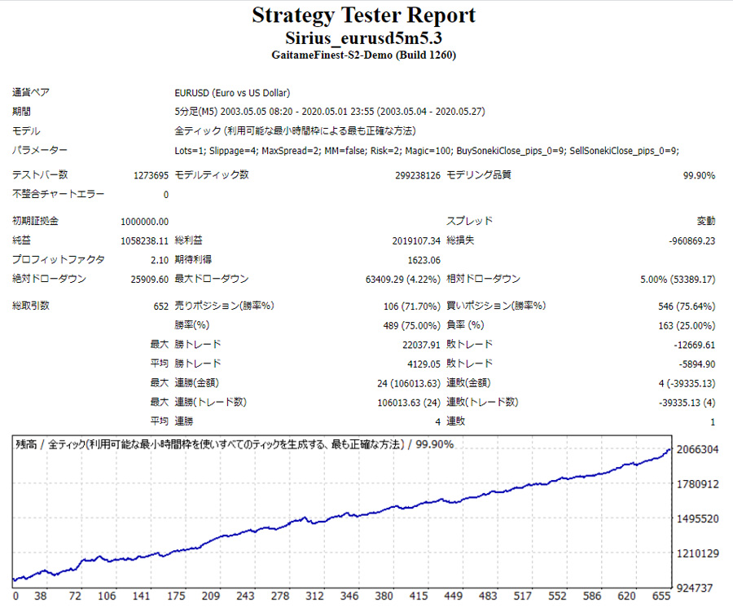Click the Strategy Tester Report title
pos(363,15)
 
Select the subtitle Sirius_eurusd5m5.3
pos(363,38)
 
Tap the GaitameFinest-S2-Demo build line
pos(363,55)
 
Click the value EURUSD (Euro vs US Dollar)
pos(232,93)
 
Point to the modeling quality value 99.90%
pos(699,175)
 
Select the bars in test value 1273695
pos(151,175)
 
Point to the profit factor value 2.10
pos(158,260)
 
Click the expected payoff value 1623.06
pos(424,260)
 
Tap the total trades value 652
pos(160,306)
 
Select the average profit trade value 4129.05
pos(424,363)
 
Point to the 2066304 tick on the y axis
pos(698,450)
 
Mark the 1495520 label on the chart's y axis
pos(698,519)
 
